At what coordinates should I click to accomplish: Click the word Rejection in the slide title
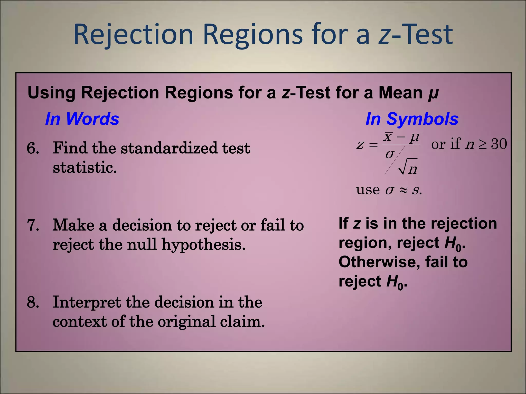pyautogui.click(x=133, y=35)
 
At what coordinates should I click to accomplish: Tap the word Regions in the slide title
pyautogui.click(x=253, y=35)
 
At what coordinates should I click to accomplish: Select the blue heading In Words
pyautogui.click(x=82, y=119)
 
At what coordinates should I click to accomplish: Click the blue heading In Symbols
pyautogui.click(x=412, y=119)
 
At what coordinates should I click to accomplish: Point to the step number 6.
pyautogui.click(x=33, y=148)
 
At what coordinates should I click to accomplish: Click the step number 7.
pyautogui.click(x=33, y=225)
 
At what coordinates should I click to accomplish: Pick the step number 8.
pyautogui.click(x=33, y=302)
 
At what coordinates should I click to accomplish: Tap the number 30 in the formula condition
pyautogui.click(x=499, y=144)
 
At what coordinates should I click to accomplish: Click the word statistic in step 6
pyautogui.click(x=85, y=168)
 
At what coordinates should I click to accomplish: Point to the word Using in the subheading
pyautogui.click(x=51, y=93)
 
